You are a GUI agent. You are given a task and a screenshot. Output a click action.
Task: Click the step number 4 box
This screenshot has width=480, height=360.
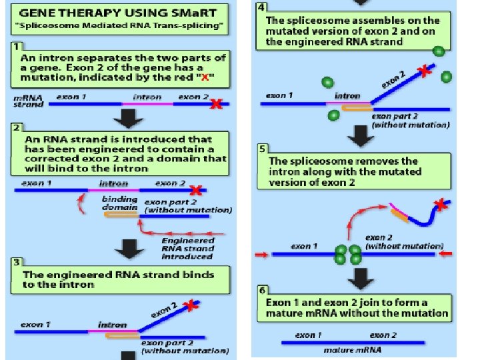261,7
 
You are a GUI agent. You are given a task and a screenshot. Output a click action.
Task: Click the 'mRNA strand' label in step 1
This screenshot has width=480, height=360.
29,100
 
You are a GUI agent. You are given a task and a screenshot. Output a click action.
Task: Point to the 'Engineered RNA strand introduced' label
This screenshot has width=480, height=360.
187,248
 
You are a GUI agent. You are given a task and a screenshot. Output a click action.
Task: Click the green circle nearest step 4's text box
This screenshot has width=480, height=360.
437,51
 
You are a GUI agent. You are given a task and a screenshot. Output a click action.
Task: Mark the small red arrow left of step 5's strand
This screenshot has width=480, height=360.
261,254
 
